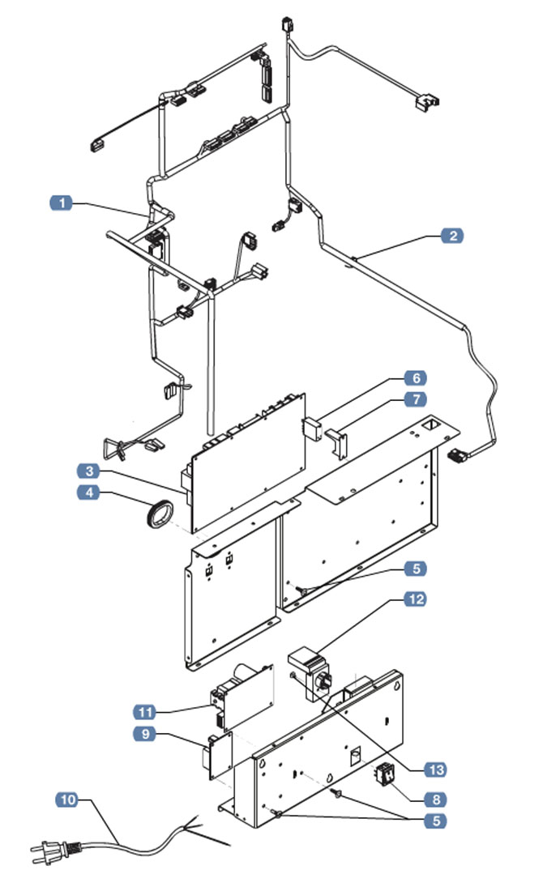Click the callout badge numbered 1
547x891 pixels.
point(62,202)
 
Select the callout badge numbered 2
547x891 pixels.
point(452,236)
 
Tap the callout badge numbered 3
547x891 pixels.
point(89,471)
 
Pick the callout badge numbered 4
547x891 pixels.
point(89,492)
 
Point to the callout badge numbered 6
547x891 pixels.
point(415,378)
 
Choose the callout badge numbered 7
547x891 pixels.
point(415,399)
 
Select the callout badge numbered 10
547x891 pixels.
point(68,800)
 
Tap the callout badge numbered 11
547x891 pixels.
point(143,712)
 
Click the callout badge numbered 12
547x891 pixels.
point(415,599)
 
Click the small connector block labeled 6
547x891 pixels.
point(312,428)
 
